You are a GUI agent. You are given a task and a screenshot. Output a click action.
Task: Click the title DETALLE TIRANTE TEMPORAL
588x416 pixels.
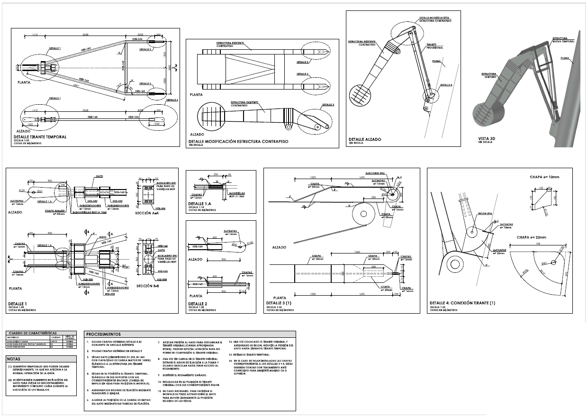pos(40,136)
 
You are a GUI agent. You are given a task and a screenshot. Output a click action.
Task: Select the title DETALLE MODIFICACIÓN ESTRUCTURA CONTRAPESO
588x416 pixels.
pos(238,142)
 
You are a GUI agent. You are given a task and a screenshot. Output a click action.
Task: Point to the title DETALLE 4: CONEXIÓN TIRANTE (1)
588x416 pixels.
pos(462,302)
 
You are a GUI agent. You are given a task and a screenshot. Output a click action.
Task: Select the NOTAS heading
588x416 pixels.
pos(14,359)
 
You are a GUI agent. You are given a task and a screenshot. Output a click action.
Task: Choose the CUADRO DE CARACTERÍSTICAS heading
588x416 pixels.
pos(31,334)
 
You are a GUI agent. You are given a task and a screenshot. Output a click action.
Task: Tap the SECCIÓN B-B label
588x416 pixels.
pos(150,286)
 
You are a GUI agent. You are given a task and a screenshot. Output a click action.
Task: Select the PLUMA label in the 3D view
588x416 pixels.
pos(565,58)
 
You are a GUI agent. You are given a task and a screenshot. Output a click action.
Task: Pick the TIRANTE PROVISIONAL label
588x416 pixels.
pos(434,46)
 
